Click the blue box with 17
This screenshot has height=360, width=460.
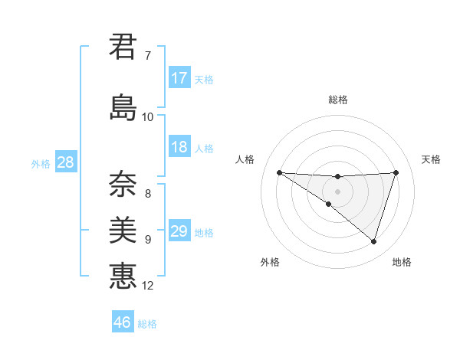pos(179,78)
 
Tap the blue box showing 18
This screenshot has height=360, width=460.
pos(179,147)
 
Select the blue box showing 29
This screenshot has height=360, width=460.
pos(179,231)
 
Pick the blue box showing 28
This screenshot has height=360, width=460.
pos(65,162)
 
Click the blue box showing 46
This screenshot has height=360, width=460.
pos(123,322)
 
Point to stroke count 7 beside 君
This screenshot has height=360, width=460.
pos(148,56)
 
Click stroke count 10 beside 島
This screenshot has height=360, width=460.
pos(148,117)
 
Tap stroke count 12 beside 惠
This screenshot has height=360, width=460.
pos(148,286)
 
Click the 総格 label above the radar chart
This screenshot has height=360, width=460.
pos(337,100)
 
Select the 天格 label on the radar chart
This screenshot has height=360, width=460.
pos(431,159)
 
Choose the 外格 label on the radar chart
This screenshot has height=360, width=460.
pos(270,262)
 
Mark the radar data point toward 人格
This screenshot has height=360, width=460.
pos(280,172)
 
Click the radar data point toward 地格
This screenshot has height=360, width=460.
pos(373,241)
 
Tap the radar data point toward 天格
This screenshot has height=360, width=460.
pos(396,172)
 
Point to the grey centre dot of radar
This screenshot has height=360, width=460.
pos(337,191)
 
